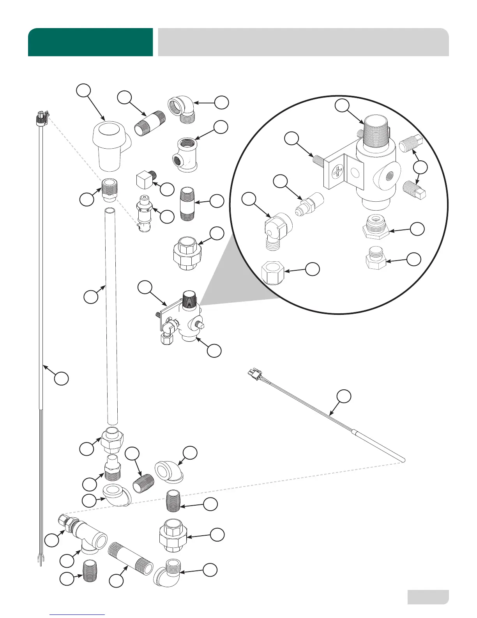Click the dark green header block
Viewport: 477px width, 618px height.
click(90, 42)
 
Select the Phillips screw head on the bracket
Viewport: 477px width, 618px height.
click(338, 172)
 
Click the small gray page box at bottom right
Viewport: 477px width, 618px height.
click(428, 597)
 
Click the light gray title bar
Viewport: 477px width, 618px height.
click(303, 42)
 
